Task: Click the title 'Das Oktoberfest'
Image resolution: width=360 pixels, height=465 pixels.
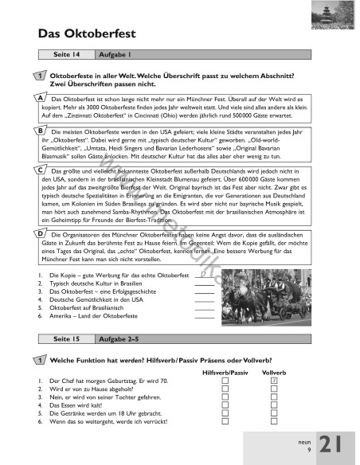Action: [87, 33]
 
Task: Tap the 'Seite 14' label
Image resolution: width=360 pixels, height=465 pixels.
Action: [65, 55]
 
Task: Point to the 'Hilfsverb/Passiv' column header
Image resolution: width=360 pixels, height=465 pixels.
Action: [226, 372]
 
